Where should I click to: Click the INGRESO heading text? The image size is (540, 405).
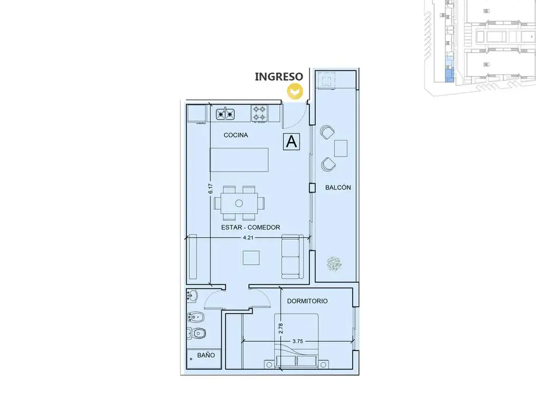[279, 76]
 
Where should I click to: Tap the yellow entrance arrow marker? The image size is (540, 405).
[295, 92]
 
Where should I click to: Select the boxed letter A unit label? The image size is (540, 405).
[292, 141]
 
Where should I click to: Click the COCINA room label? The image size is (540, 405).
[236, 135]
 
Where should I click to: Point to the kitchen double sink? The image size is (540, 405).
[226, 114]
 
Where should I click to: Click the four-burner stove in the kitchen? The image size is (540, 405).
[259, 113]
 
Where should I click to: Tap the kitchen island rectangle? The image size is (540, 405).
[239, 160]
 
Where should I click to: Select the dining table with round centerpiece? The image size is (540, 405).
[239, 203]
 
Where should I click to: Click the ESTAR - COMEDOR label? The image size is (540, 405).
[250, 227]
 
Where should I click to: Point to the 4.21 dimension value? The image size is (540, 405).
[248, 238]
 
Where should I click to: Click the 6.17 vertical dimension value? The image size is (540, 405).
[210, 188]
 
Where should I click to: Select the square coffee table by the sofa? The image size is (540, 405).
[251, 258]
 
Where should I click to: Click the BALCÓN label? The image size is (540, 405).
[338, 188]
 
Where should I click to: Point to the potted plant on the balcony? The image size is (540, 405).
[334, 264]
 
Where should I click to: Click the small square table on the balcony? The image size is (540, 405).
[341, 148]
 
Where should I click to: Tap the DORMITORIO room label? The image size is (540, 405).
[307, 301]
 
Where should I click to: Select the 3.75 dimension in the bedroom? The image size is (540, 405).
[297, 341]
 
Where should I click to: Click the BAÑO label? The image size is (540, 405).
[206, 355]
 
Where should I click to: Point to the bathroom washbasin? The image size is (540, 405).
[192, 295]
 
